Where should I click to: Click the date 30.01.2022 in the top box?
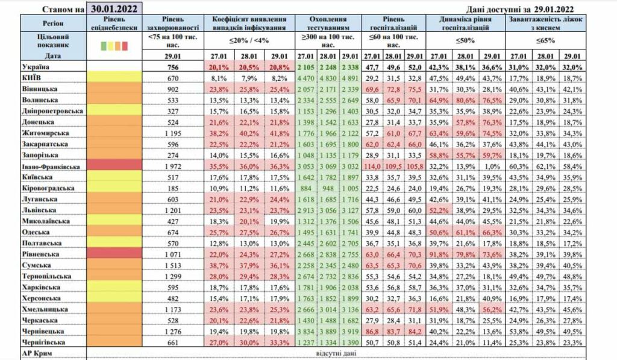click(114, 8)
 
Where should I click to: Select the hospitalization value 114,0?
click(375, 165)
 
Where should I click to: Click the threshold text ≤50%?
click(462, 40)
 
